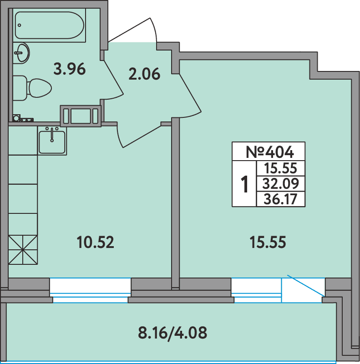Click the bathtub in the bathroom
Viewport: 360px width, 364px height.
(x=49, y=25)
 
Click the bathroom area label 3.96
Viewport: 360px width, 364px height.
(x=70, y=70)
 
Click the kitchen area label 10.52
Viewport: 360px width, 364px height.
(x=95, y=242)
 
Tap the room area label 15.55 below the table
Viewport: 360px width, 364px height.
(x=268, y=242)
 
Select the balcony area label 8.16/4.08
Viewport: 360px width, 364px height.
(x=172, y=333)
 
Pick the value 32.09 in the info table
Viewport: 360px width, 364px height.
(x=279, y=183)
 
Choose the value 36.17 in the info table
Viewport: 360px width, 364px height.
(x=279, y=199)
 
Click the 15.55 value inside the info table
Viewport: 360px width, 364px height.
(x=279, y=169)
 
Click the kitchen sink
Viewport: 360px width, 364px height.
(x=52, y=141)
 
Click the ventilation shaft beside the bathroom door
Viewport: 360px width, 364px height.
(x=80, y=115)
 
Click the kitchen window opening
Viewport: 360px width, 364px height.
(x=90, y=287)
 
